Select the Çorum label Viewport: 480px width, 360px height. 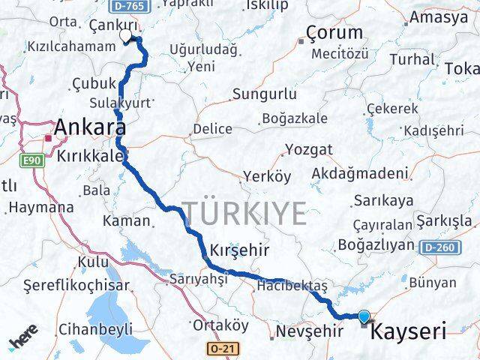[x=334, y=32]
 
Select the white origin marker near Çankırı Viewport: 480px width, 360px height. [x=126, y=34]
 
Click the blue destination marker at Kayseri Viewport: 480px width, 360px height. [x=364, y=317]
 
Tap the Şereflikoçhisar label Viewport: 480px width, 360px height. [x=76, y=285]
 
